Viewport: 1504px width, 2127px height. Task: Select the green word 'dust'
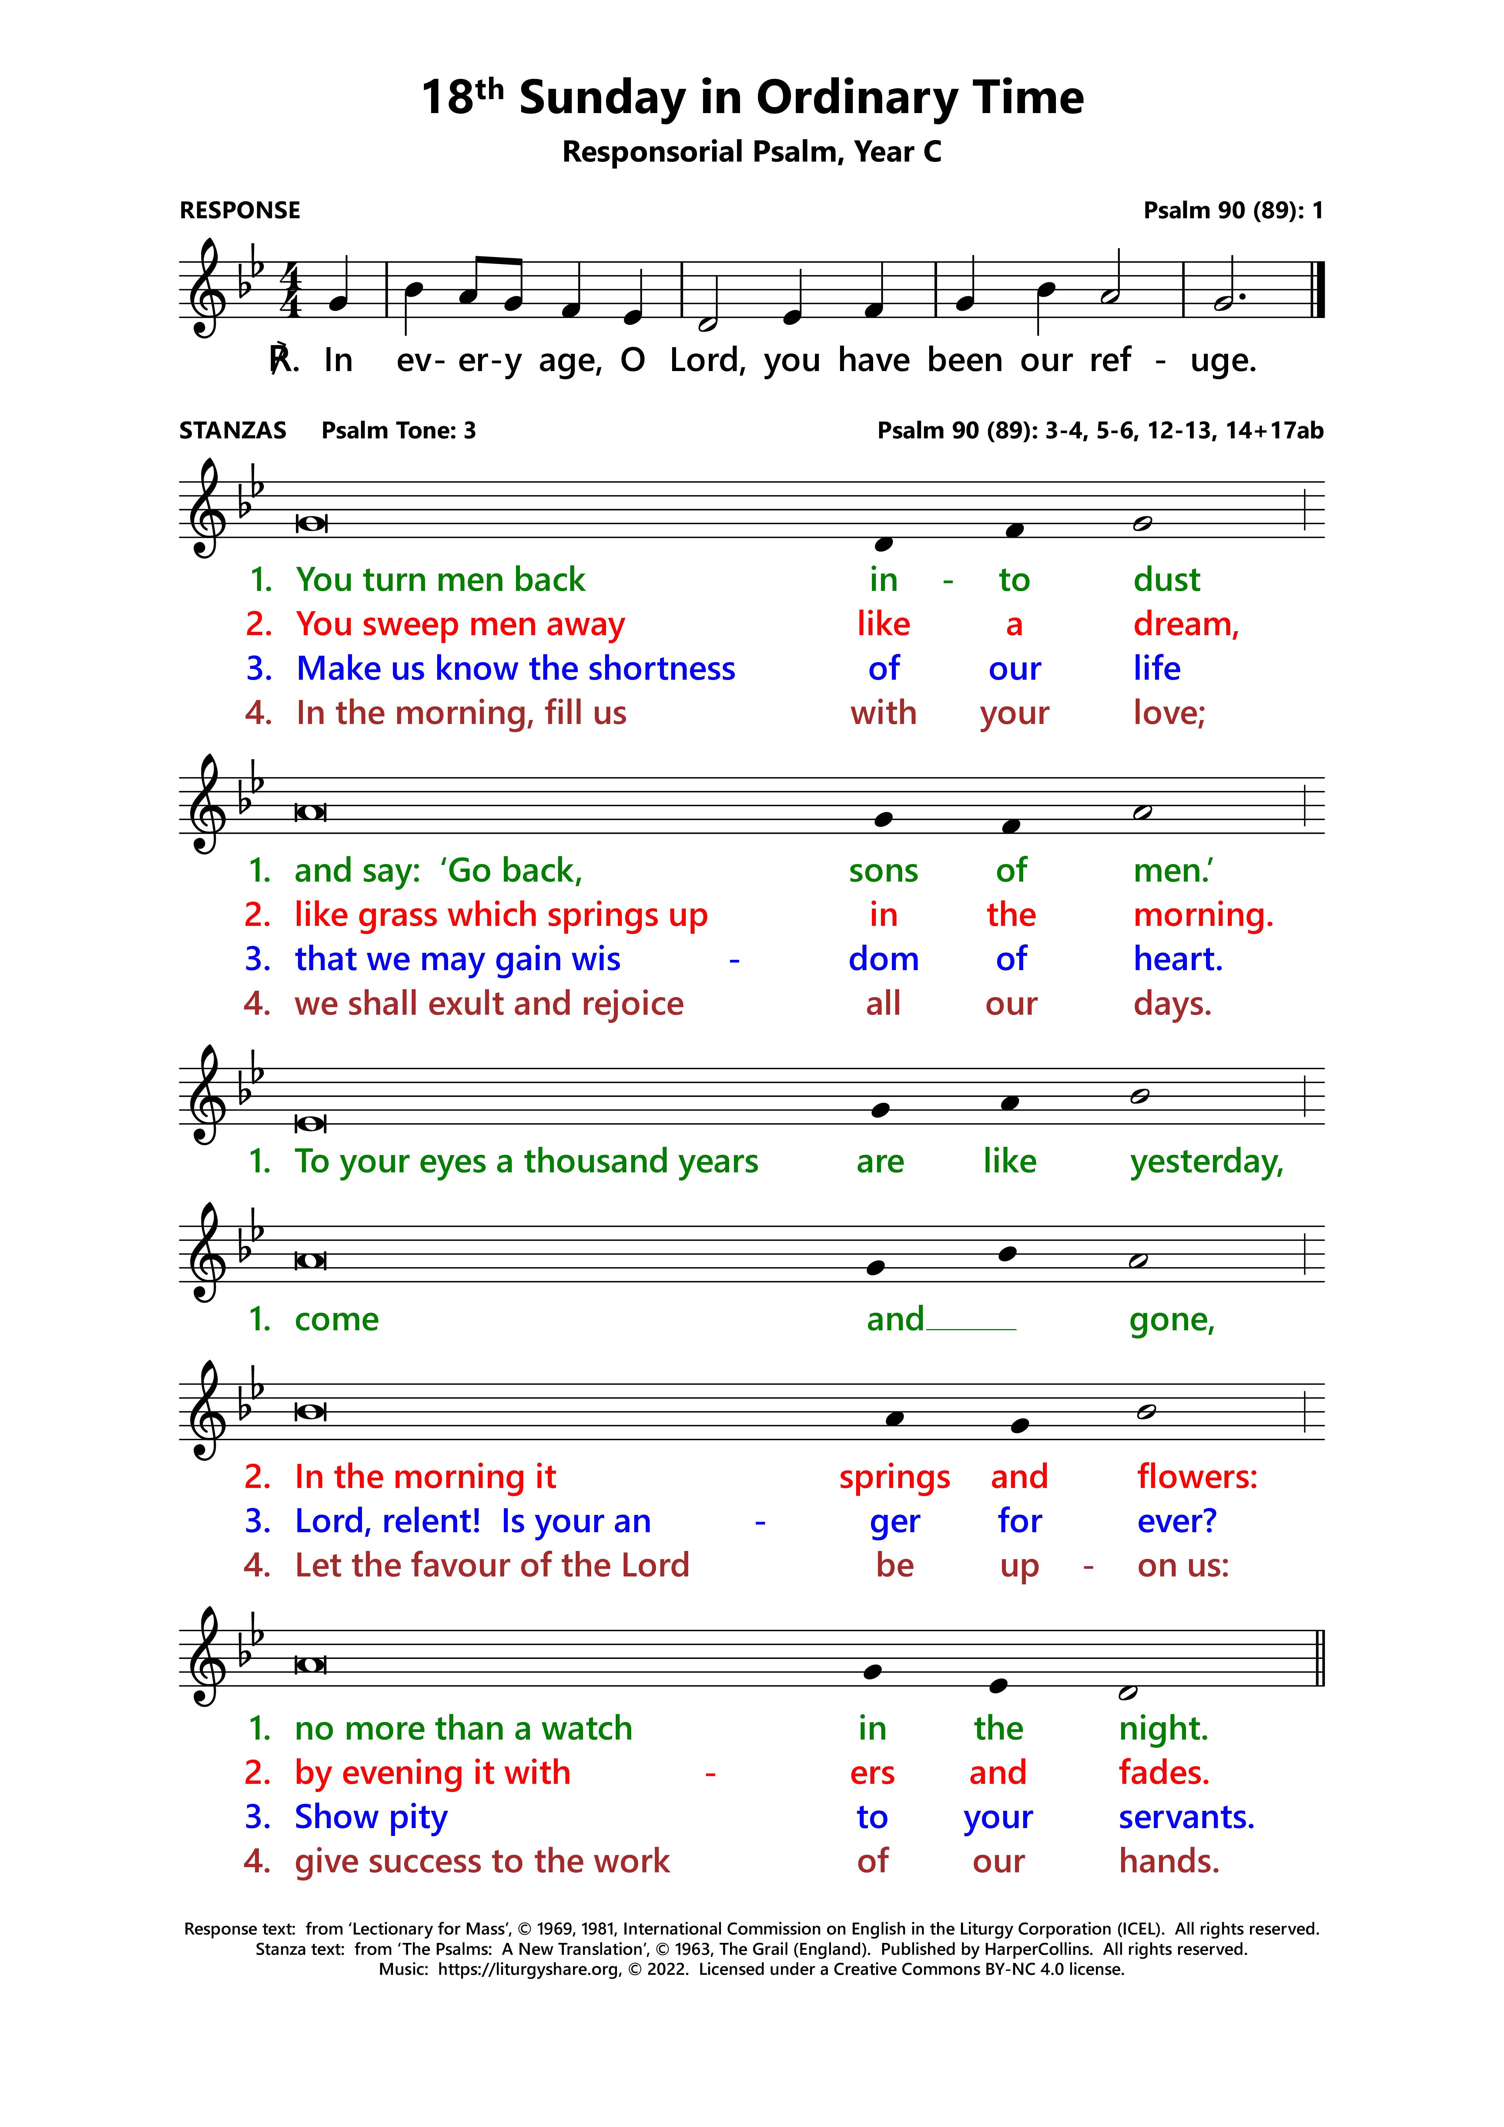1166,580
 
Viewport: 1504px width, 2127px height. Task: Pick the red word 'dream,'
1185,625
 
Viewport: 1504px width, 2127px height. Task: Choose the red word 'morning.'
1203,915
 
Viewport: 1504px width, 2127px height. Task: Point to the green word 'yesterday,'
1207,1162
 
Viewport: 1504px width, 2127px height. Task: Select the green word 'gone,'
1171,1319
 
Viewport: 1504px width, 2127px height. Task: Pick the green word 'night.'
1163,1729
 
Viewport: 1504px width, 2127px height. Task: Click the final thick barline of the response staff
1320,290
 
